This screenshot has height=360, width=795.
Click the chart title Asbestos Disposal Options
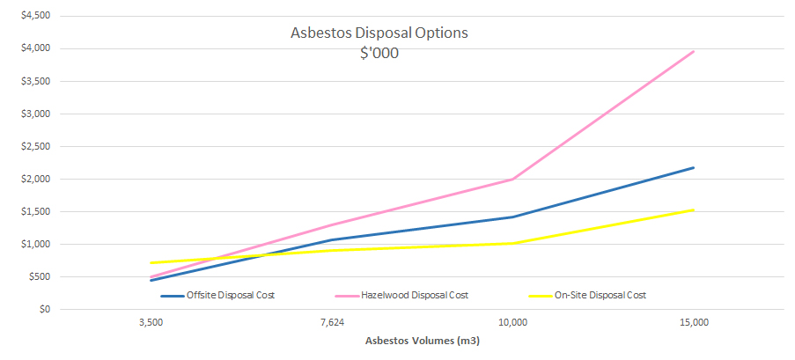[x=379, y=33]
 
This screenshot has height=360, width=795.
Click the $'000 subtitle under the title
[x=379, y=52]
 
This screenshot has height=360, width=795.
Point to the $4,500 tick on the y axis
[x=36, y=16]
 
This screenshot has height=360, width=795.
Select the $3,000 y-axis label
[x=36, y=114]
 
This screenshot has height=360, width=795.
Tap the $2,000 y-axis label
[x=36, y=179]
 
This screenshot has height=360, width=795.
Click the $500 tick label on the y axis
[x=39, y=276]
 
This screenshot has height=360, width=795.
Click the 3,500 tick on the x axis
[x=151, y=323]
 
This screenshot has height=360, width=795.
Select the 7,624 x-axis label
[x=332, y=323]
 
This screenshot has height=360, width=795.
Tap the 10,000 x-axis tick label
[x=512, y=323]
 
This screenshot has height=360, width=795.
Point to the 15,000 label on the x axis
[x=694, y=323]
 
